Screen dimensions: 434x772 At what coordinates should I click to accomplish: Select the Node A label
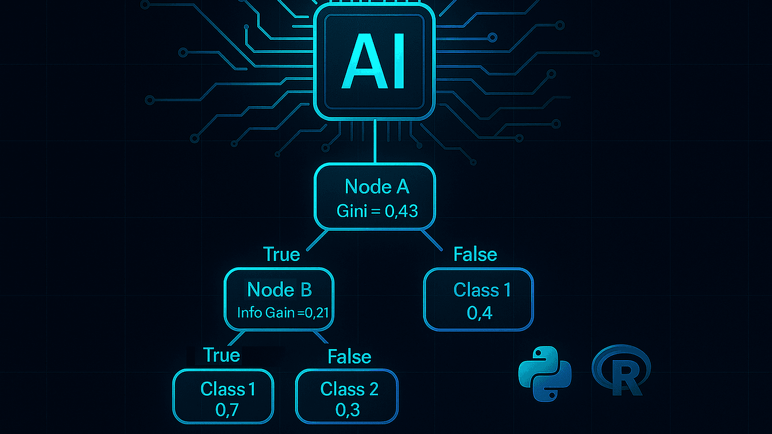pos(376,187)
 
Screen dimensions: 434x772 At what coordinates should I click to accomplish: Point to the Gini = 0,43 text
pos(377,211)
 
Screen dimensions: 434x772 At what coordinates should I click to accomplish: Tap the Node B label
pos(279,290)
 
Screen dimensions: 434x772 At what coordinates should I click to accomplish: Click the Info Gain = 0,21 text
pos(283,313)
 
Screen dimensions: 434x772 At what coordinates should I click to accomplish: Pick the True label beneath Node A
pos(281,254)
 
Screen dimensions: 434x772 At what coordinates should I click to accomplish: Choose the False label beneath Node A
pos(475,254)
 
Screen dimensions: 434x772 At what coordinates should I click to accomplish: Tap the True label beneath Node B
pos(222,356)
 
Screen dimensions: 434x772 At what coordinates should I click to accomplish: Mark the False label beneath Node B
pos(349,357)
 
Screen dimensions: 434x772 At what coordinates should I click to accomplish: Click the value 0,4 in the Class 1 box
pos(479,313)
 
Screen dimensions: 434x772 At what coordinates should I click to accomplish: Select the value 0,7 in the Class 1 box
pos(227,410)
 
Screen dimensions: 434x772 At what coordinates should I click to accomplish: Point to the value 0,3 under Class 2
pos(347,410)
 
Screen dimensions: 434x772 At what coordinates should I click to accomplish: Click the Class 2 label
pos(349,389)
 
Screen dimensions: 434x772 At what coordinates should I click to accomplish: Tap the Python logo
pos(545,374)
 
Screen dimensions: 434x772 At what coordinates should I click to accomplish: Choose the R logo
pos(622,371)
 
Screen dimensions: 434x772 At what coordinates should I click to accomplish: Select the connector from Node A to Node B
pos(317,240)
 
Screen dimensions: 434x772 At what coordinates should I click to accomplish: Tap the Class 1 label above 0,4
pos(482,290)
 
